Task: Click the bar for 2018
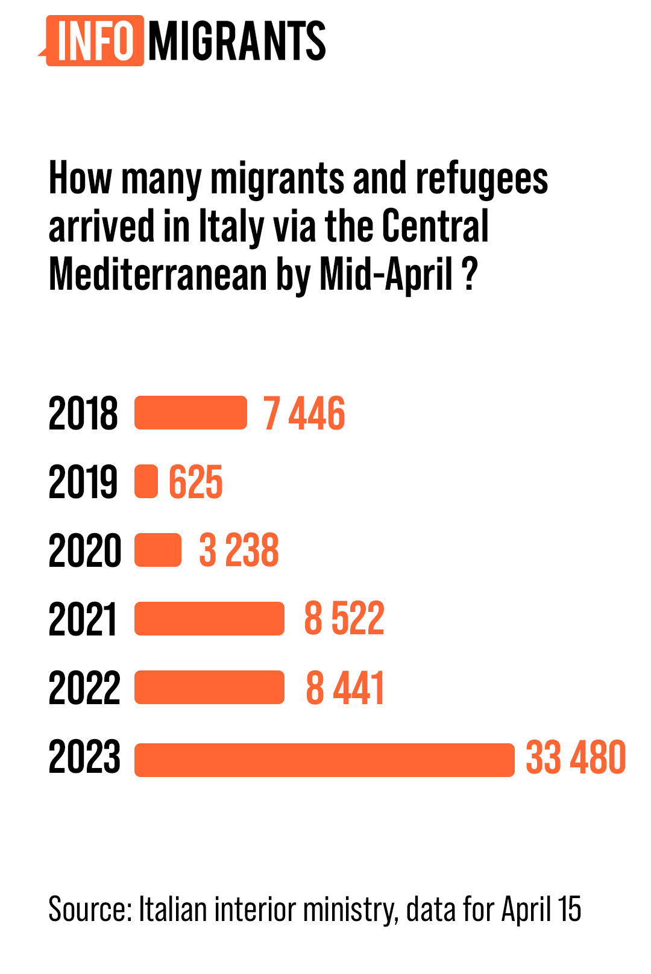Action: click(190, 413)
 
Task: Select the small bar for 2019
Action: click(146, 481)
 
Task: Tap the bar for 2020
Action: click(158, 550)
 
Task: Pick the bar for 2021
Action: click(209, 619)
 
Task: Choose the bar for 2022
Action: click(209, 687)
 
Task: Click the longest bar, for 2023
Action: click(324, 760)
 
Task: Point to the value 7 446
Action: click(304, 414)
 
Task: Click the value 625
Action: click(196, 482)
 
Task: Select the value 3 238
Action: click(239, 551)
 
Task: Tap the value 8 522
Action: click(344, 619)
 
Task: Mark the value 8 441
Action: click(345, 688)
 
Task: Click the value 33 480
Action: click(576, 758)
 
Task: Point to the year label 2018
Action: click(83, 414)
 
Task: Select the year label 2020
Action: click(84, 551)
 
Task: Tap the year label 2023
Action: click(84, 758)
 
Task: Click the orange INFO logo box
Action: click(95, 40)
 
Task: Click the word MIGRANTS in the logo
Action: click(237, 41)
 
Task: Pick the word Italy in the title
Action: click(231, 227)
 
